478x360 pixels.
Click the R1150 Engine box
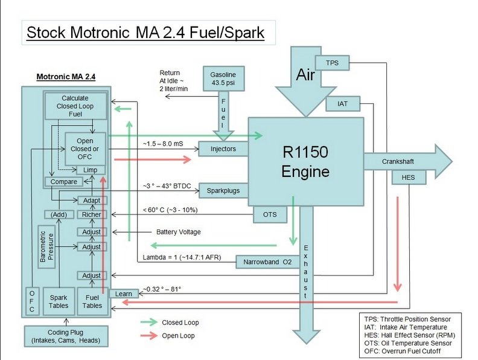[306, 161]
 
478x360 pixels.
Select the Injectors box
[223, 149]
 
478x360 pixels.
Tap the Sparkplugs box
[223, 191]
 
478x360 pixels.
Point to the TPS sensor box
[333, 63]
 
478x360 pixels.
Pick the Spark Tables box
[59, 301]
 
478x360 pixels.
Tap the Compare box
[63, 182]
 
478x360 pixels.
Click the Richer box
[92, 214]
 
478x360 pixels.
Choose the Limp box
[91, 170]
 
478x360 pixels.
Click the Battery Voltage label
[178, 232]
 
